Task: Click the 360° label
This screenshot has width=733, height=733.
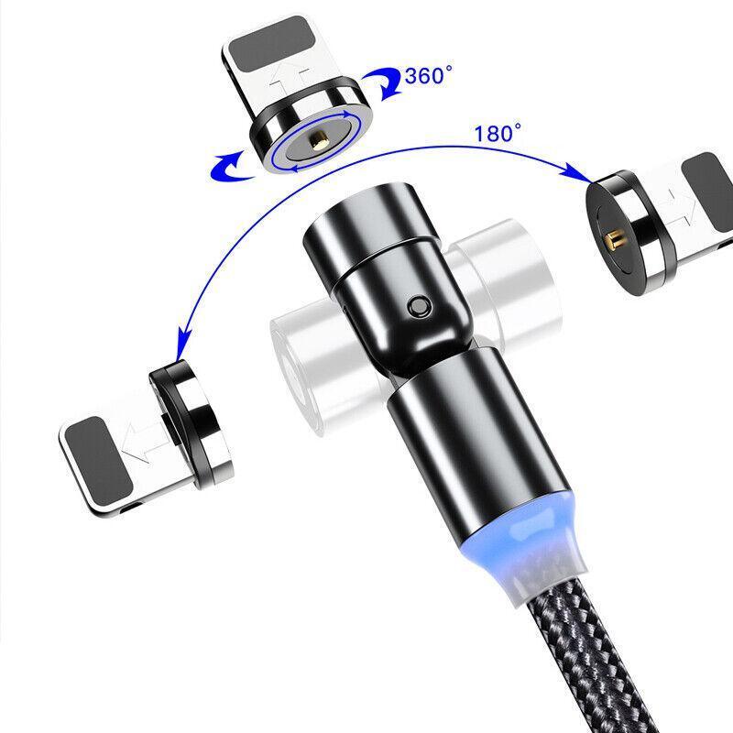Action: click(428, 75)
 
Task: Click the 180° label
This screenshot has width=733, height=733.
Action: click(497, 133)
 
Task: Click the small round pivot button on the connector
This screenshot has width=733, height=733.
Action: click(418, 307)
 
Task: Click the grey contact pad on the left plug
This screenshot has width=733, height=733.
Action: click(98, 461)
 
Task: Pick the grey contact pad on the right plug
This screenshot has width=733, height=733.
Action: click(707, 192)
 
